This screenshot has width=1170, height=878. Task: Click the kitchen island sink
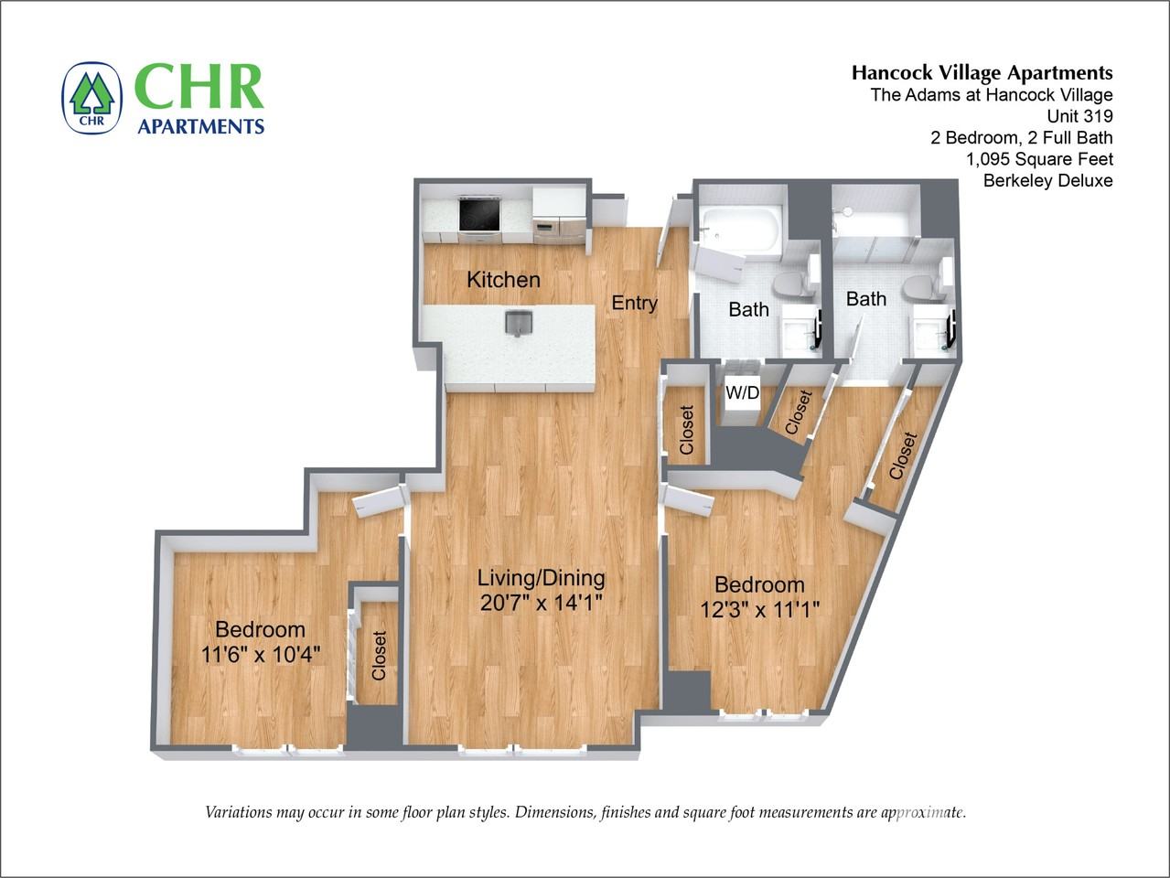tap(519, 323)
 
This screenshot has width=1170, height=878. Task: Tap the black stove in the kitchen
tap(478, 216)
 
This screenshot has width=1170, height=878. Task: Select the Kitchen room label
tap(503, 280)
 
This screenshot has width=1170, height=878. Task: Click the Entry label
tap(634, 303)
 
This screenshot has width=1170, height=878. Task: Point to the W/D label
tap(742, 393)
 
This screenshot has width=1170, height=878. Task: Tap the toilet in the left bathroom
tap(791, 285)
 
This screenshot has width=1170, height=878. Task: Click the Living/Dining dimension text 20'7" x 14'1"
tap(541, 603)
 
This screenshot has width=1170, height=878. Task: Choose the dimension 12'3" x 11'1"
tap(759, 609)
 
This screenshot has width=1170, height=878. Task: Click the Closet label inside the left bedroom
tap(379, 655)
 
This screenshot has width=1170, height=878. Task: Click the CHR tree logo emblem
tap(91, 98)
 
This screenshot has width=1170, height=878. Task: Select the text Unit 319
tap(1079, 116)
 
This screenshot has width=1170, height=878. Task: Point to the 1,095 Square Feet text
tap(1039, 159)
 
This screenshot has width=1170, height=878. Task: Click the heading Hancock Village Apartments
tap(982, 73)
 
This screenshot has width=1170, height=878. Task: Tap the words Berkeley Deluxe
tap(1047, 180)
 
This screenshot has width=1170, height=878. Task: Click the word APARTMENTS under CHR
tap(200, 126)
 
